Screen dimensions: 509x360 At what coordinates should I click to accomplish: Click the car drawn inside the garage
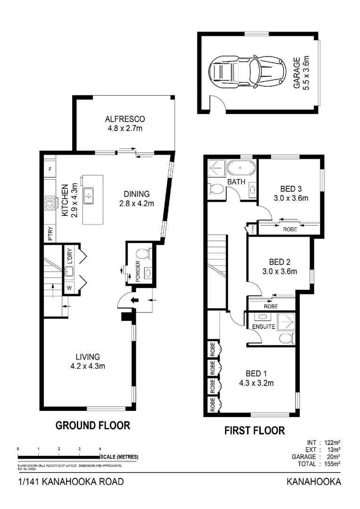(247, 72)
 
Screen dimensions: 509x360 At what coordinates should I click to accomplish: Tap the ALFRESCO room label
(125, 119)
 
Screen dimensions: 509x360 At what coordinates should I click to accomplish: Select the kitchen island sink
(88, 195)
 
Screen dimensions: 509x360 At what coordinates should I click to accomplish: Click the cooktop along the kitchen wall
(49, 203)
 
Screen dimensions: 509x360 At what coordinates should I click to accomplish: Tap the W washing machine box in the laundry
(69, 287)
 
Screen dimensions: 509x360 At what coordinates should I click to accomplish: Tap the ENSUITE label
(264, 326)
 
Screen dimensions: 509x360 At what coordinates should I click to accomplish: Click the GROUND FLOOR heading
(93, 426)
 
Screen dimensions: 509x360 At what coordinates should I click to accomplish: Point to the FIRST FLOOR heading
(254, 430)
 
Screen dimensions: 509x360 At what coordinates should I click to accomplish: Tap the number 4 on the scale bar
(100, 449)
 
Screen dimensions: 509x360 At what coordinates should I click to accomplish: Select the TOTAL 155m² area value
(333, 464)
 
